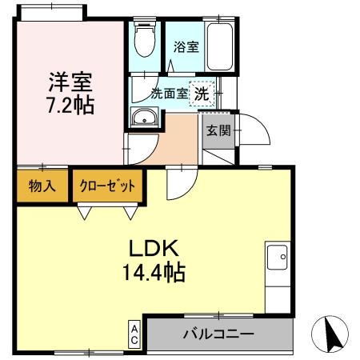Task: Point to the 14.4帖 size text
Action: pos(153,274)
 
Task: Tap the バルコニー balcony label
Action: pos(217,334)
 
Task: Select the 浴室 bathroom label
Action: pos(187,46)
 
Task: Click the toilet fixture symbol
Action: pos(144,41)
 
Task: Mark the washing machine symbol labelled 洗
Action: pos(202,92)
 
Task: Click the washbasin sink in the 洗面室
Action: pos(145,118)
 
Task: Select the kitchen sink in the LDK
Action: pos(280,259)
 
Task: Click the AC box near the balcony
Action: pos(135,334)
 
